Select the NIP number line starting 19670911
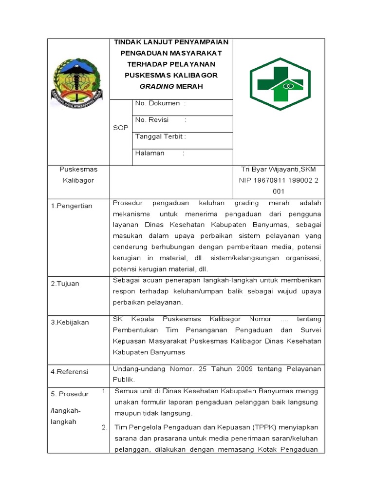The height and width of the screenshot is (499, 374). point(279,180)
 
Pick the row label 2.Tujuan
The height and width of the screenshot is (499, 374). point(65,284)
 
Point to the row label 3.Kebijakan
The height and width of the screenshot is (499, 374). point(70,322)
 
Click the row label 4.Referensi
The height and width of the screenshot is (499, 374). point(70,372)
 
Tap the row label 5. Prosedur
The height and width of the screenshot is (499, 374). point(70,394)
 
